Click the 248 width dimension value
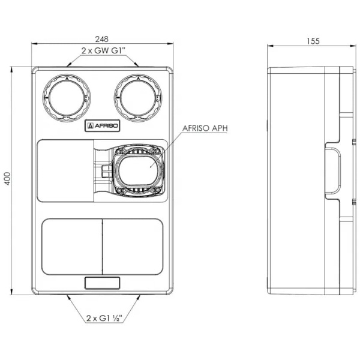(x=102, y=39)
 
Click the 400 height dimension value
(x=7, y=179)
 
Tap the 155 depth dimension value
(x=313, y=41)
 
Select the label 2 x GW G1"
(x=103, y=50)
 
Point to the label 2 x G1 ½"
(x=104, y=318)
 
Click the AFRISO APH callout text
(x=205, y=128)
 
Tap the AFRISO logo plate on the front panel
(x=103, y=125)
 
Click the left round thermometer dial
(x=67, y=98)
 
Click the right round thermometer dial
(x=138, y=98)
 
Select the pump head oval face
(x=139, y=170)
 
